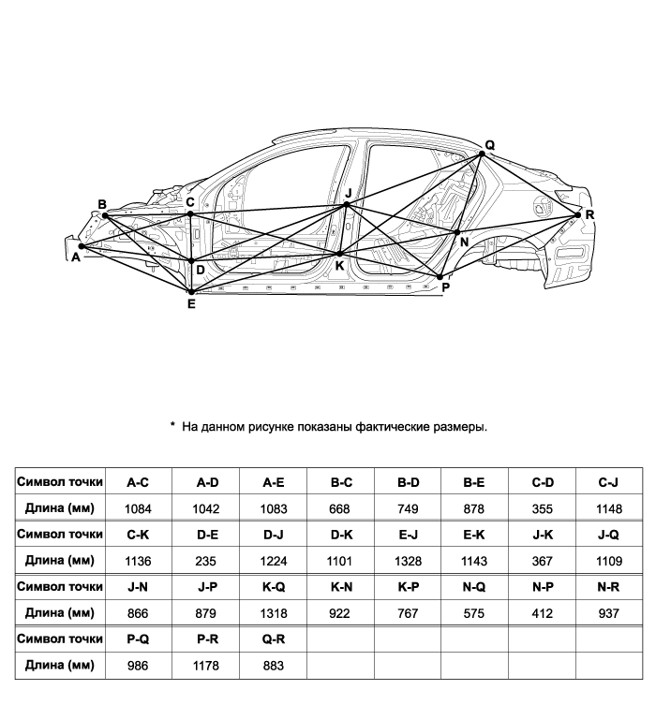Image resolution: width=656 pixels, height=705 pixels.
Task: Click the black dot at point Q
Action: [482, 154]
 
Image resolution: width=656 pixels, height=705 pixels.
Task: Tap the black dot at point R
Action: [578, 214]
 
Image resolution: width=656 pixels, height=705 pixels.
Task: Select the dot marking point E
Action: [191, 292]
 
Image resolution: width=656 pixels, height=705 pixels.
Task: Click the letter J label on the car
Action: [348, 193]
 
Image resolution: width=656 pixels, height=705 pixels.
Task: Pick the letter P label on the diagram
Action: [445, 287]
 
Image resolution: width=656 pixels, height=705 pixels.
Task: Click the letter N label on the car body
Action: [464, 242]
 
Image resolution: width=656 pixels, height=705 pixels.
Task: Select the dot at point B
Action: [105, 215]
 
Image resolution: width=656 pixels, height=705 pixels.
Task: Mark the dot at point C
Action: [190, 213]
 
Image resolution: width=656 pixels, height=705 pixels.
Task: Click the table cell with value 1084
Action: [139, 508]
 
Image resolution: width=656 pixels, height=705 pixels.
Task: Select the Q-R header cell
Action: [273, 638]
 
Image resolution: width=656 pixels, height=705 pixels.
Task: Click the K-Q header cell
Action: [273, 586]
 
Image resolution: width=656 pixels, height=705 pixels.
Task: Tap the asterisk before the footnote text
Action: [172, 425]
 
